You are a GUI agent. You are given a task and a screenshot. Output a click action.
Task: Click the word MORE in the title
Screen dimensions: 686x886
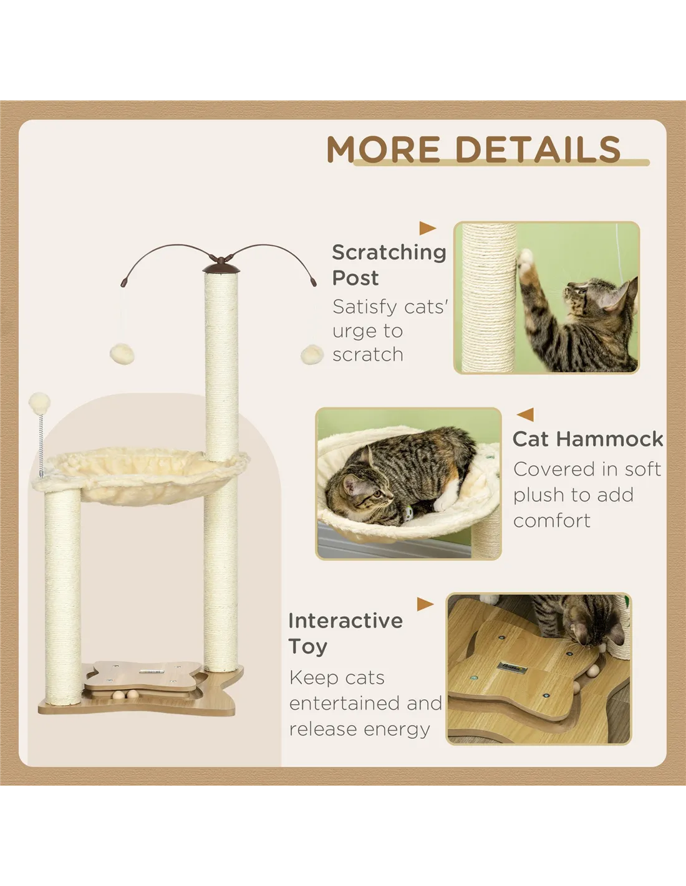click(x=383, y=149)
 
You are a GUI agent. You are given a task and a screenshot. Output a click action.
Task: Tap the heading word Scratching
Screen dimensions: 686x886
click(x=389, y=253)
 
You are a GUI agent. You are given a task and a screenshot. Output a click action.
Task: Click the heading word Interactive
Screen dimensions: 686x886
click(x=345, y=621)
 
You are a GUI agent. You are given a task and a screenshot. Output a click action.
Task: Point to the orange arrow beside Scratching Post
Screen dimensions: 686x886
click(x=427, y=228)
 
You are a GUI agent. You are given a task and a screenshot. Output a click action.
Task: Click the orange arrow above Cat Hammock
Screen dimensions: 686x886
click(x=525, y=414)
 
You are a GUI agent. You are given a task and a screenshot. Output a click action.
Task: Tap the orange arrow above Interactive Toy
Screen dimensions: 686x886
click(x=425, y=604)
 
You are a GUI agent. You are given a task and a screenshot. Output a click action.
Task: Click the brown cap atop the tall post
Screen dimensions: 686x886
click(x=221, y=268)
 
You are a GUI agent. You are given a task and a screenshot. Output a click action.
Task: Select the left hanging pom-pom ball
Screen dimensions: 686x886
click(x=122, y=355)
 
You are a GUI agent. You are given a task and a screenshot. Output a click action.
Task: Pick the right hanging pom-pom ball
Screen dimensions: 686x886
click(x=312, y=355)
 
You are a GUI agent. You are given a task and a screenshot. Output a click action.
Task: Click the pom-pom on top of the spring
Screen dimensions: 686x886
click(x=39, y=403)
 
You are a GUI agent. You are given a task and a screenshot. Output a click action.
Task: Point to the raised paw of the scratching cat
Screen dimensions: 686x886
click(x=525, y=261)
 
